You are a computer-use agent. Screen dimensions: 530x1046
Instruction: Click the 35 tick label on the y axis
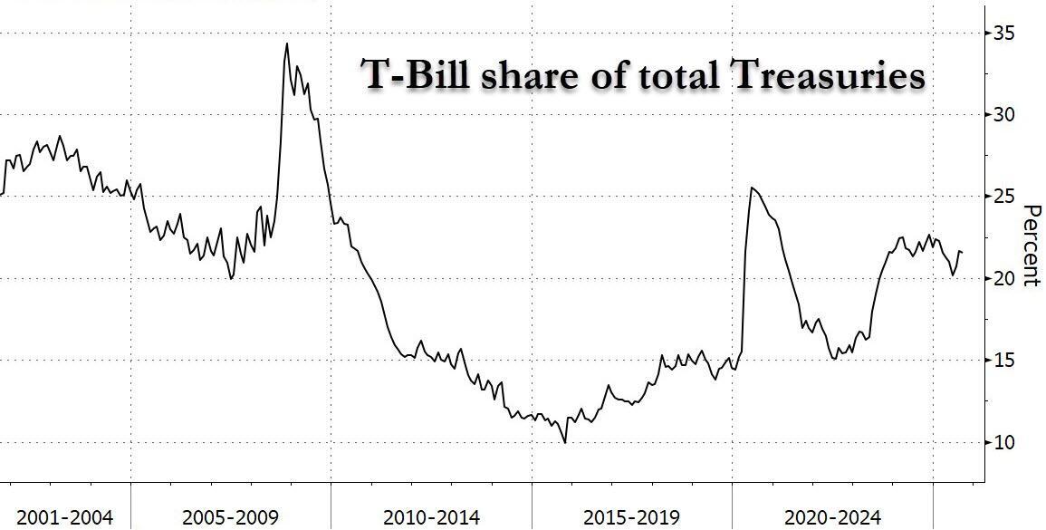coord(1003,34)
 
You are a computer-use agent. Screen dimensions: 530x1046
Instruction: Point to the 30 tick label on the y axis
coord(1003,115)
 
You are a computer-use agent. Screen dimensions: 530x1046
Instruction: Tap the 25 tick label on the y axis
coord(1003,197)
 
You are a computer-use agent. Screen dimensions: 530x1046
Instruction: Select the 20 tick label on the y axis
coord(1003,278)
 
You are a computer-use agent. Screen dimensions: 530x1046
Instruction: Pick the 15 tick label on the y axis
coord(1003,361)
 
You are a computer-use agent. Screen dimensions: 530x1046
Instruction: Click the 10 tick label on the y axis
coord(1003,443)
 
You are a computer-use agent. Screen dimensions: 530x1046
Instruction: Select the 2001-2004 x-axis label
coord(65,517)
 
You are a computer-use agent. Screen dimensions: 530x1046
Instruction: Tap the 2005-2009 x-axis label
coord(230,517)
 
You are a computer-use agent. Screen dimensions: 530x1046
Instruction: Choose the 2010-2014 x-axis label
coord(431,517)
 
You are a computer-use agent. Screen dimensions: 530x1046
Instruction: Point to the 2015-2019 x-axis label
coord(631,517)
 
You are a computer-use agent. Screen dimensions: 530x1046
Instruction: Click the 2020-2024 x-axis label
coord(832,517)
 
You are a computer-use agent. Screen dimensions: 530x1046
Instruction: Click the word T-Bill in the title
coord(416,75)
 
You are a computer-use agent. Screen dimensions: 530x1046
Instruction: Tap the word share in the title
coord(530,75)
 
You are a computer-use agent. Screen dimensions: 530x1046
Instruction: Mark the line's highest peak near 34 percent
coord(287,43)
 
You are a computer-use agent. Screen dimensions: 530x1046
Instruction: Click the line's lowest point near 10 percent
coord(565,442)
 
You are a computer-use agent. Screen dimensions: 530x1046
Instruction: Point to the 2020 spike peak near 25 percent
coord(752,188)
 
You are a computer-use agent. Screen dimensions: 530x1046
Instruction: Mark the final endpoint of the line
coord(962,252)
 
